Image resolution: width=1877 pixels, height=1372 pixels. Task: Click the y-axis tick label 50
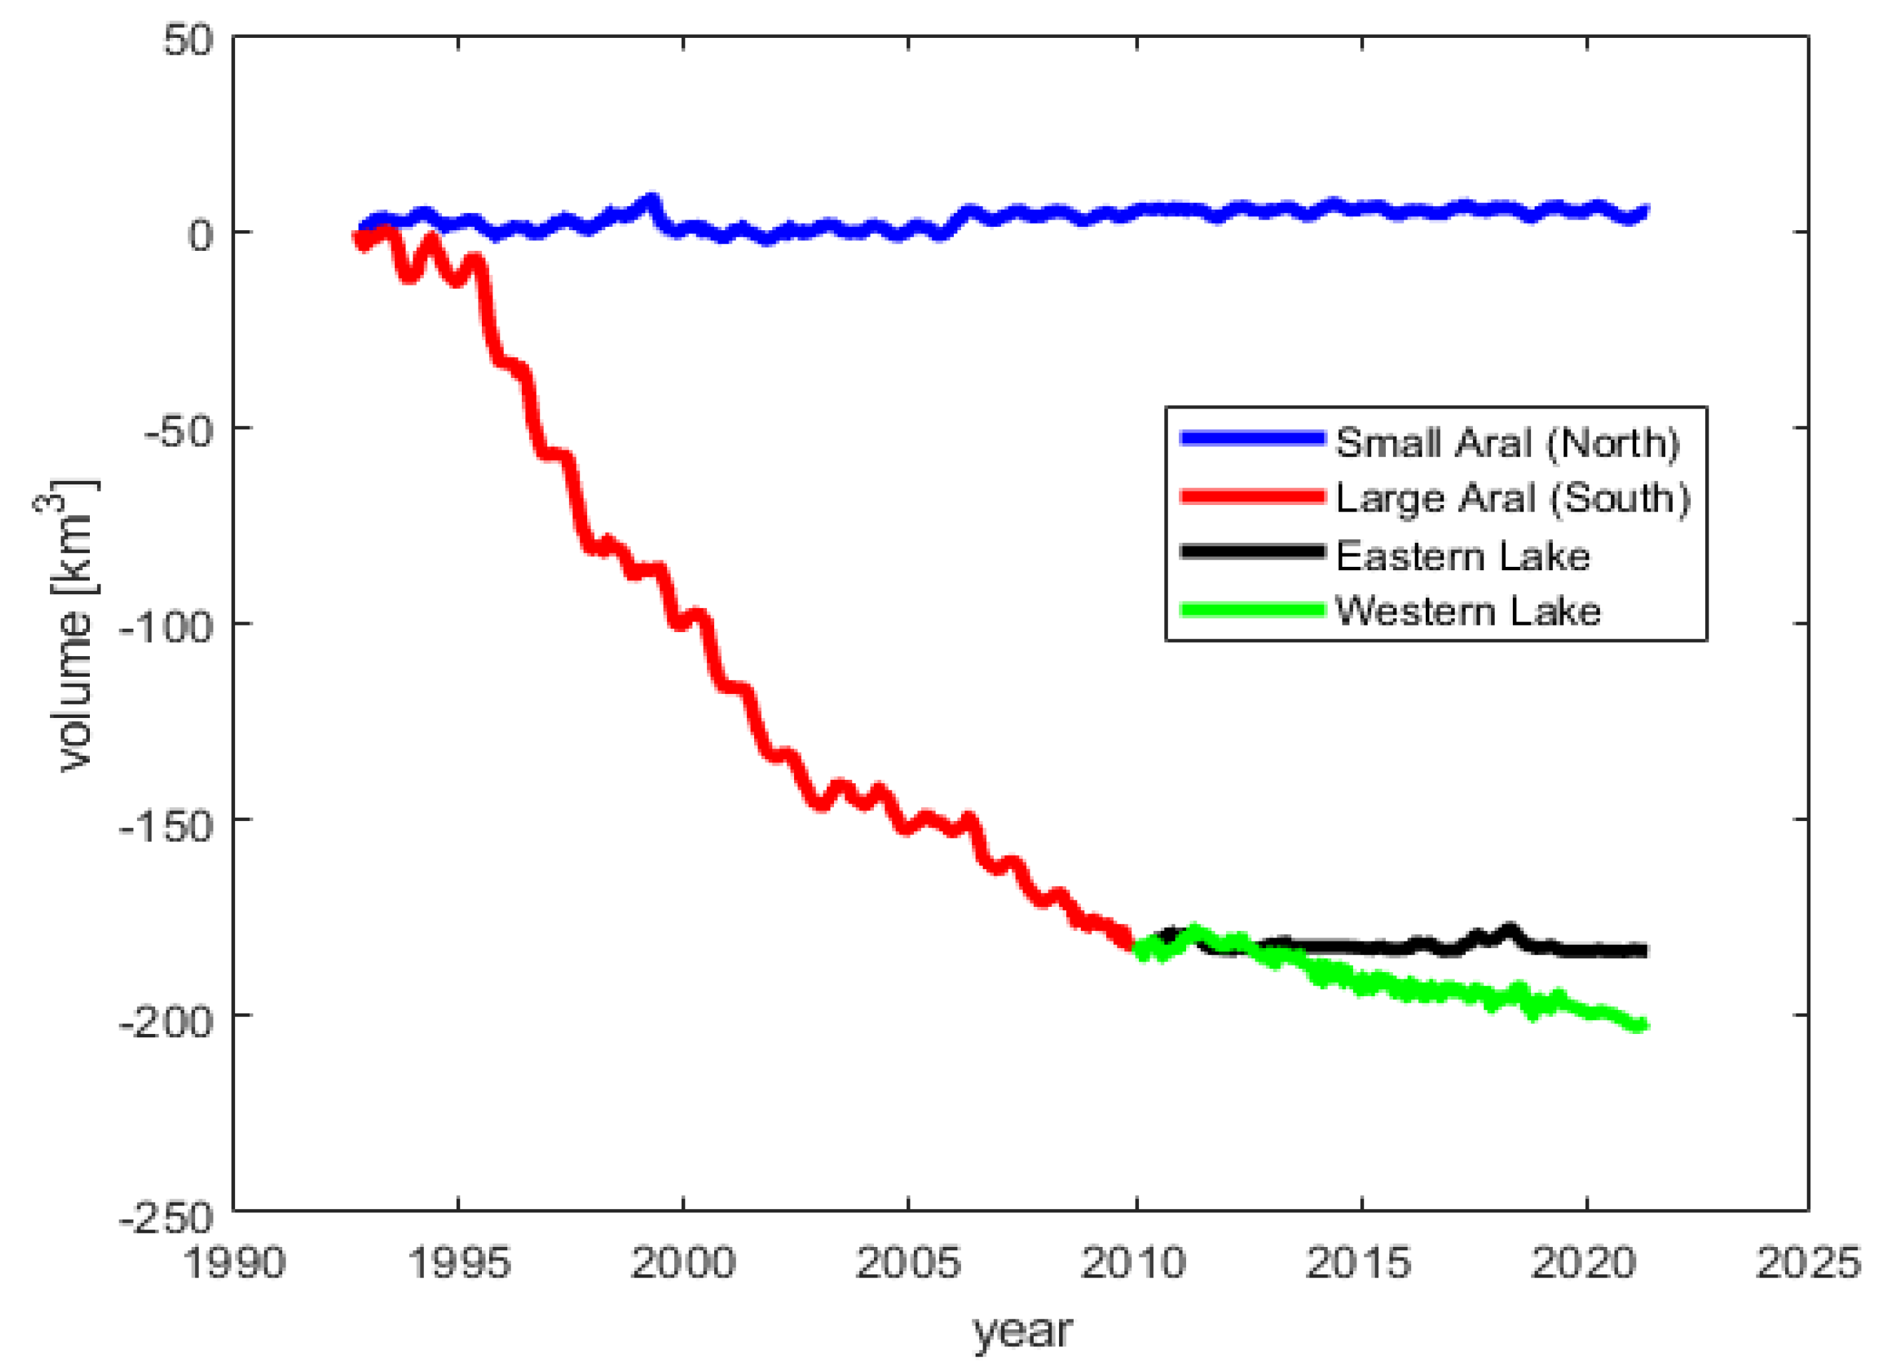click(x=188, y=40)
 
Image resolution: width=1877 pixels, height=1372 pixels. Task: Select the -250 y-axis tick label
click(x=166, y=1218)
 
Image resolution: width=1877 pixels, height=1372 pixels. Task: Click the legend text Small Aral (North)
click(x=1506, y=442)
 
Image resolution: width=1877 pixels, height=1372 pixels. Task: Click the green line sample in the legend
click(x=1251, y=610)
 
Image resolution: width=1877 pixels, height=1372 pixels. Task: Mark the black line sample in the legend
click(x=1251, y=552)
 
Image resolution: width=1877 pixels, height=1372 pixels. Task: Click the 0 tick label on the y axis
click(x=200, y=235)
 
